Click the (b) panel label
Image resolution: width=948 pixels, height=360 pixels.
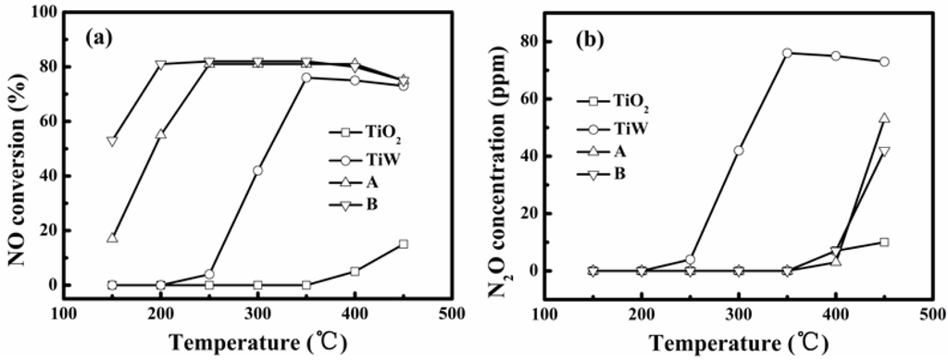[x=584, y=39]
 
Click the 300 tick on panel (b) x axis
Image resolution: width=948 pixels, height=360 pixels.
[x=738, y=314]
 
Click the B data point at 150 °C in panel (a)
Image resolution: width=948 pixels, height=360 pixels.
[x=112, y=142]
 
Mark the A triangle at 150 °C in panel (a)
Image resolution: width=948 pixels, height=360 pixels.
[x=112, y=238]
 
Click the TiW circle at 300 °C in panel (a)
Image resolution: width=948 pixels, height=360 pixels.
[x=257, y=170]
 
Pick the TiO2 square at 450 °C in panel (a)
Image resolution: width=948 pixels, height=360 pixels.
[x=403, y=244]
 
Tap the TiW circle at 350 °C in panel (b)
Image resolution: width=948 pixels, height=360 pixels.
[x=787, y=53]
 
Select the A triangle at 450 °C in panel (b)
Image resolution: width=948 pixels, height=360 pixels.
[x=884, y=118]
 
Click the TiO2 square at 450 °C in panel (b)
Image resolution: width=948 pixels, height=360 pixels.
[x=884, y=242]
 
